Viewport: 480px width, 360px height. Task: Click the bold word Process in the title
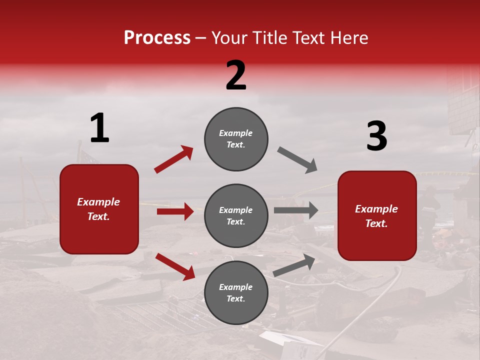157,38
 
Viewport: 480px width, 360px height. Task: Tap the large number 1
99,128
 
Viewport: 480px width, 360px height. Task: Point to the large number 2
236,75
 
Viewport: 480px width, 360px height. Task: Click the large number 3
376,136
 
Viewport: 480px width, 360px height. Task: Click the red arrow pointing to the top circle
174,159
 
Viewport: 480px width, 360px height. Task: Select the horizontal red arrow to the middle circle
175,211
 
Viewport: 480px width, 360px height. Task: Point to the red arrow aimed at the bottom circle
175,266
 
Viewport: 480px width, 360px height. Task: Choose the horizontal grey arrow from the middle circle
296,210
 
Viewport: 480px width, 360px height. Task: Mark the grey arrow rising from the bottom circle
294,265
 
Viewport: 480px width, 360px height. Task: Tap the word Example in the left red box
98,202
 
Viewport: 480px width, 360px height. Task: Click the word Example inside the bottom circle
235,287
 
